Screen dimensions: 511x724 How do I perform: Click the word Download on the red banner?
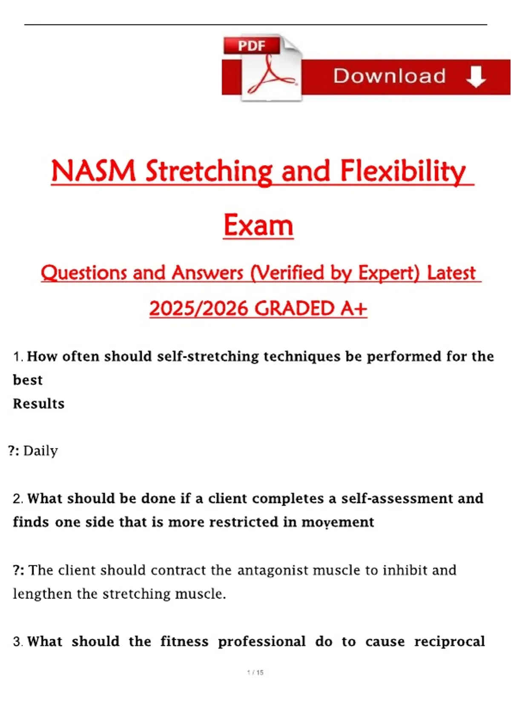point(389,76)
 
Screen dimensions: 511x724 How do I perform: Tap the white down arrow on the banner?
point(476,77)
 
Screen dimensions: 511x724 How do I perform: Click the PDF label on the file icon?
point(252,46)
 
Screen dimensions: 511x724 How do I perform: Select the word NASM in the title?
point(93,171)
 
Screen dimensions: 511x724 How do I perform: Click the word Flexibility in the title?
point(403,172)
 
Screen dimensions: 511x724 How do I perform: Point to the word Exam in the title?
point(258,225)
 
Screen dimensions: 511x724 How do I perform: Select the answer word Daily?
point(41,451)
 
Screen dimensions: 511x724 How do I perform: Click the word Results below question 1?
point(39,404)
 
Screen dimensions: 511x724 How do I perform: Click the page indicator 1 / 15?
point(255,672)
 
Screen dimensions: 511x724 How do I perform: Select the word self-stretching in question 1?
point(208,356)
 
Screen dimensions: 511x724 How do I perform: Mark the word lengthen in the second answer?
point(42,594)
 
